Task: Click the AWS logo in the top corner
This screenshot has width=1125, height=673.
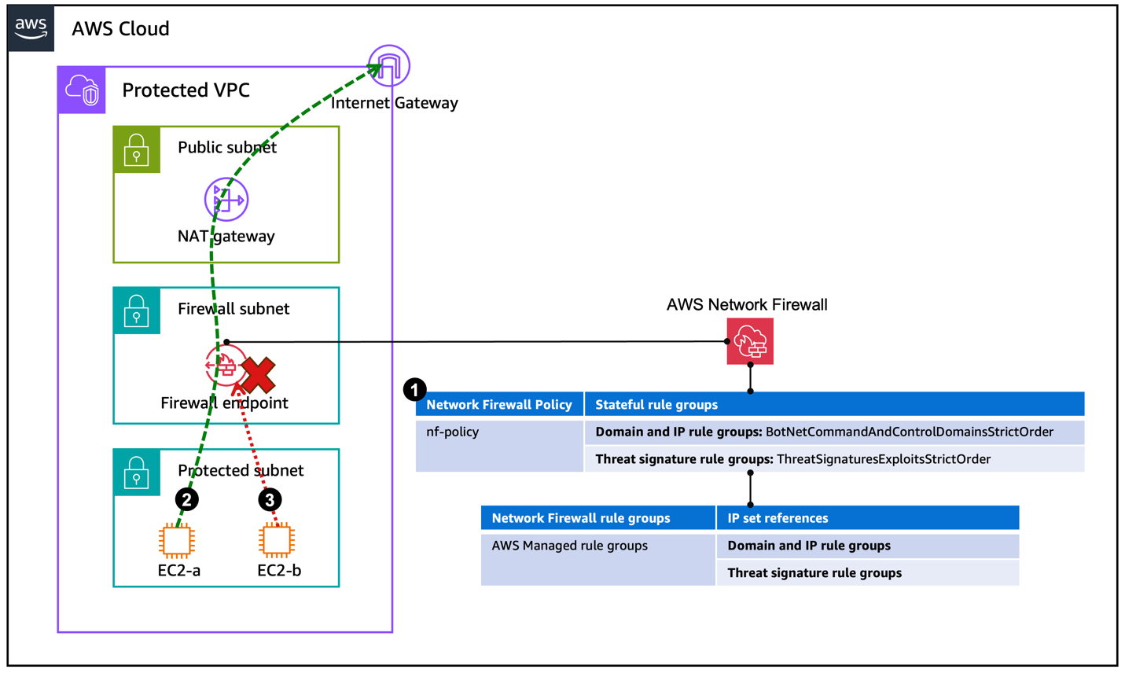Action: [31, 28]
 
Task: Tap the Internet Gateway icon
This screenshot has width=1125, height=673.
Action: [389, 66]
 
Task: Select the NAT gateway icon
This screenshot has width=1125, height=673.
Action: [226, 200]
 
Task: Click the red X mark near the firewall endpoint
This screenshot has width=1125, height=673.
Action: [258, 375]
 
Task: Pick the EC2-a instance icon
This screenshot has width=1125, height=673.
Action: [177, 541]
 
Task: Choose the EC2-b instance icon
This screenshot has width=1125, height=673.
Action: [277, 541]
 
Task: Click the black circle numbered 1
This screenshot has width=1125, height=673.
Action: [414, 389]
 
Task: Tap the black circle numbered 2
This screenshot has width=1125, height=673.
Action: [186, 499]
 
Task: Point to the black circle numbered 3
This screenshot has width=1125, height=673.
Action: [270, 499]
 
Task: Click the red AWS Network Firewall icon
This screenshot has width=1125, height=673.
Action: [750, 341]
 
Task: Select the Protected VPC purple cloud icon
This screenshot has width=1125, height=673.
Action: [82, 90]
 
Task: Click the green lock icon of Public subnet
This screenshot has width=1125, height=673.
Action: [137, 149]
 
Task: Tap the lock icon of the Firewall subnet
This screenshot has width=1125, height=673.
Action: [137, 311]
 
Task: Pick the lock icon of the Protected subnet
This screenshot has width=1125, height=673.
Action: [137, 473]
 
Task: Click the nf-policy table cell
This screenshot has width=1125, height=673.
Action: [453, 432]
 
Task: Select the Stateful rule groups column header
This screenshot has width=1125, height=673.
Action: [656, 405]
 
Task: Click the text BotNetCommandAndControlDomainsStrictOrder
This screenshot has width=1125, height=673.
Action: [909, 432]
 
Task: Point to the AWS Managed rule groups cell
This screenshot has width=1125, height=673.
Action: [569, 546]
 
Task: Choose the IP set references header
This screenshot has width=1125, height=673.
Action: [778, 518]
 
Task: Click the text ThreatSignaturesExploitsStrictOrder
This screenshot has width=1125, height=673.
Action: [883, 459]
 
